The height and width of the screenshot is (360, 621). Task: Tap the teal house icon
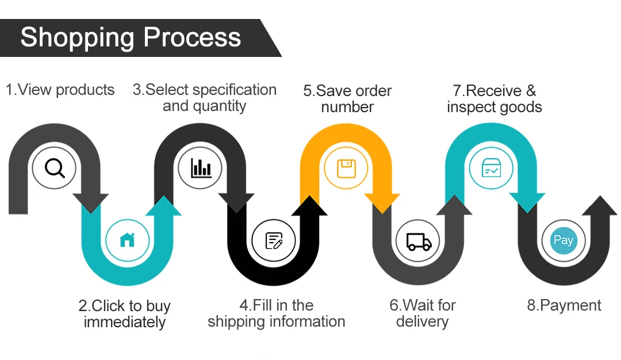click(127, 240)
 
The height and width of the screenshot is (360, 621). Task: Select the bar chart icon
click(201, 168)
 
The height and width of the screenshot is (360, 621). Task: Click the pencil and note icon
click(274, 240)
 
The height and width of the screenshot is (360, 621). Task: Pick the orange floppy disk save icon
click(346, 168)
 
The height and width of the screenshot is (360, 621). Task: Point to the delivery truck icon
click(419, 241)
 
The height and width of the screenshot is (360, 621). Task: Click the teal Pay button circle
click(563, 240)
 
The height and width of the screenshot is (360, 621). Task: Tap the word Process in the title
click(192, 38)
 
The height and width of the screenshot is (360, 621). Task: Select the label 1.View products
click(60, 90)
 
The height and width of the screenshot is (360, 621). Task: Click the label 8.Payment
click(564, 305)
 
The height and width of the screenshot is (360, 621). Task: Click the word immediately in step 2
click(125, 322)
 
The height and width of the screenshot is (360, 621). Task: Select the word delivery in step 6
click(422, 321)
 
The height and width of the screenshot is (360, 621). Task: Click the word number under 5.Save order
click(347, 107)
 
